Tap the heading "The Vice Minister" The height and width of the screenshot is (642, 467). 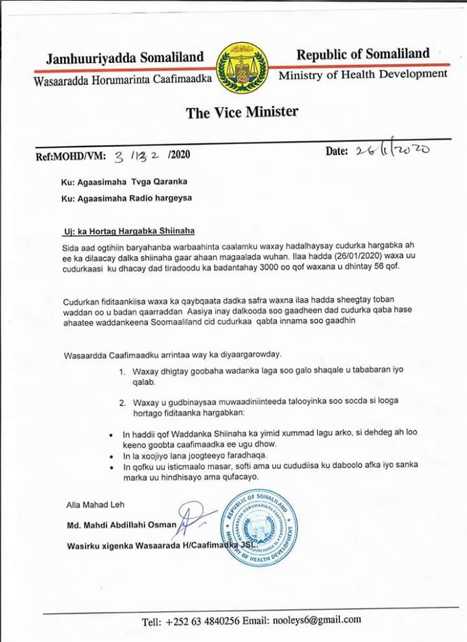[242, 112]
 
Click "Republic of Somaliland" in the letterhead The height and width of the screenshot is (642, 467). [363, 54]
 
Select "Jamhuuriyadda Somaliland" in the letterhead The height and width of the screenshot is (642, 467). [124, 58]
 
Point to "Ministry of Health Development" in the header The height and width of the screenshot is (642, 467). [363, 74]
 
